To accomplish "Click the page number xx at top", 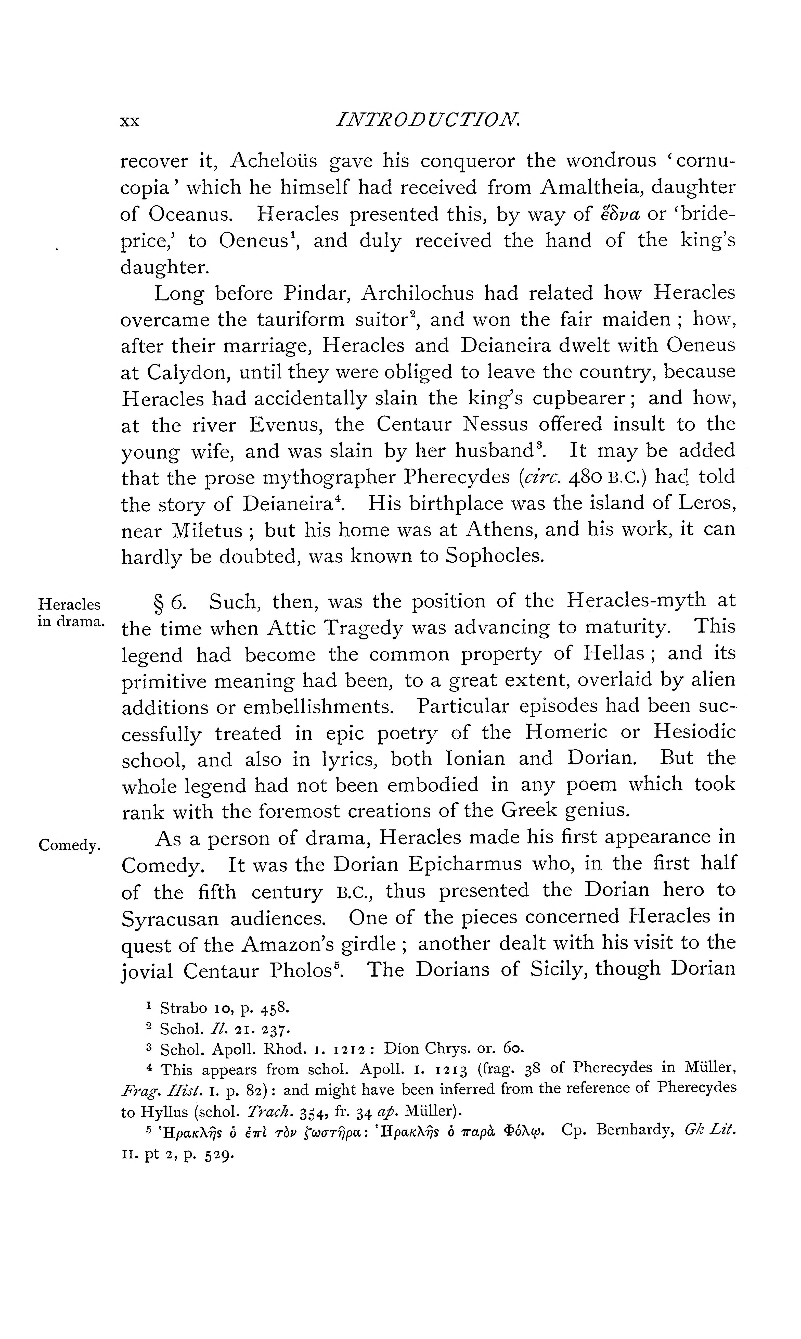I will (x=130, y=121).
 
